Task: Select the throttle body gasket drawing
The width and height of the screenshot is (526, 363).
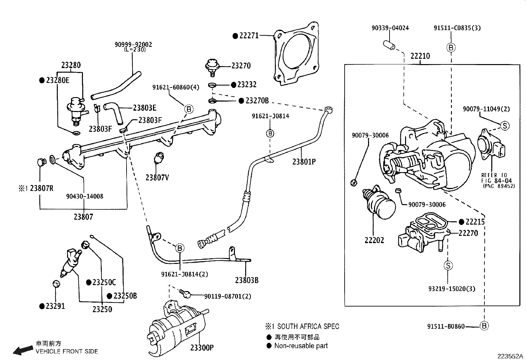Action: click(297, 54)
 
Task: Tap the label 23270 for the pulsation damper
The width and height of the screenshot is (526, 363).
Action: click(241, 66)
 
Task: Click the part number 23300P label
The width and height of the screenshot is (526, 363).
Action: click(202, 347)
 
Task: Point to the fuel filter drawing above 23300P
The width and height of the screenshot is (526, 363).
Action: click(177, 327)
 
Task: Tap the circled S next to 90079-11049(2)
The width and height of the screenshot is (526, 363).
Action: click(505, 126)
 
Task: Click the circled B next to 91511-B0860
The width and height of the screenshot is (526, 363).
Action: click(484, 326)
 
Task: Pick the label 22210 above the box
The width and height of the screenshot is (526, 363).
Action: click(420, 56)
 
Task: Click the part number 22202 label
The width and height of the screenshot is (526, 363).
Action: click(374, 240)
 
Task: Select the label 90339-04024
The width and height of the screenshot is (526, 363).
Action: click(390, 28)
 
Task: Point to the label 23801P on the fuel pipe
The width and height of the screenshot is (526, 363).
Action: click(304, 162)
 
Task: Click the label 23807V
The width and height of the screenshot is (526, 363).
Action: click(157, 178)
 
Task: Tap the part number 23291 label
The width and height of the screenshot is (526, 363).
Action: click(55, 306)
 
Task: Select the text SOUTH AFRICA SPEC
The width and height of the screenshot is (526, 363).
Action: click(308, 327)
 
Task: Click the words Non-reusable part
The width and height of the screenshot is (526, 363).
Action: click(301, 346)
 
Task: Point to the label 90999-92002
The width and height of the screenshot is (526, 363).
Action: click(133, 45)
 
